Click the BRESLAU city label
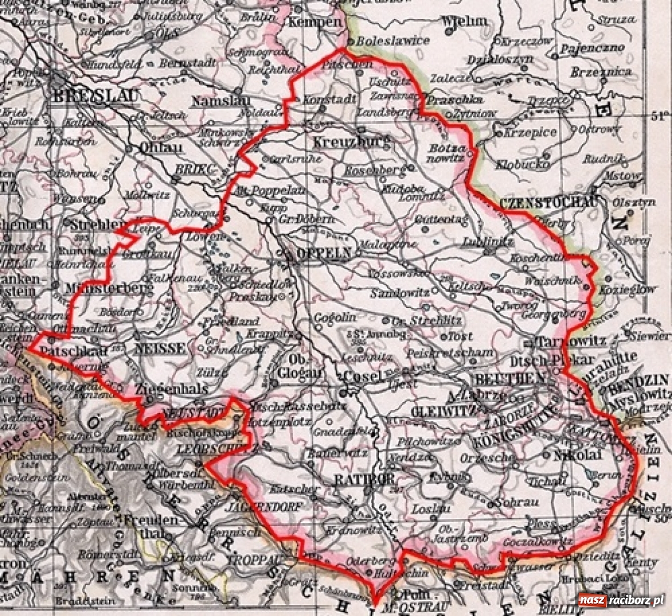[95, 97]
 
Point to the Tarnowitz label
[564, 341]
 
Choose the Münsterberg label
[108, 289]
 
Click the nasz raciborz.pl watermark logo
[621, 600]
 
